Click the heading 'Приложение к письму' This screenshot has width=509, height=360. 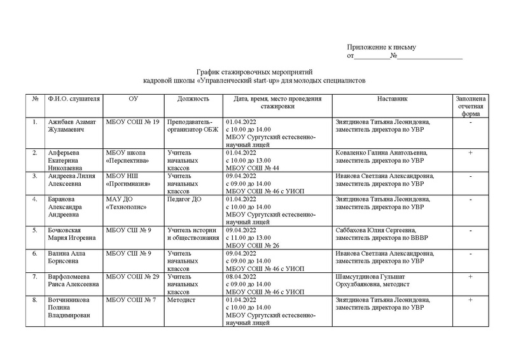[381, 48]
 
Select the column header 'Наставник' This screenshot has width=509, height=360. [391, 99]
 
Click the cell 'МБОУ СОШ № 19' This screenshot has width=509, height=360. [132, 121]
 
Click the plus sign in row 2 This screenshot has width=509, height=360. [470, 153]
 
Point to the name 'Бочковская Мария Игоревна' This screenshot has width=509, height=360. [71, 233]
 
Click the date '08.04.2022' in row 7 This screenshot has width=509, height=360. [240, 277]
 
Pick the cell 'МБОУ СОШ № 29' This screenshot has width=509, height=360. [132, 277]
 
